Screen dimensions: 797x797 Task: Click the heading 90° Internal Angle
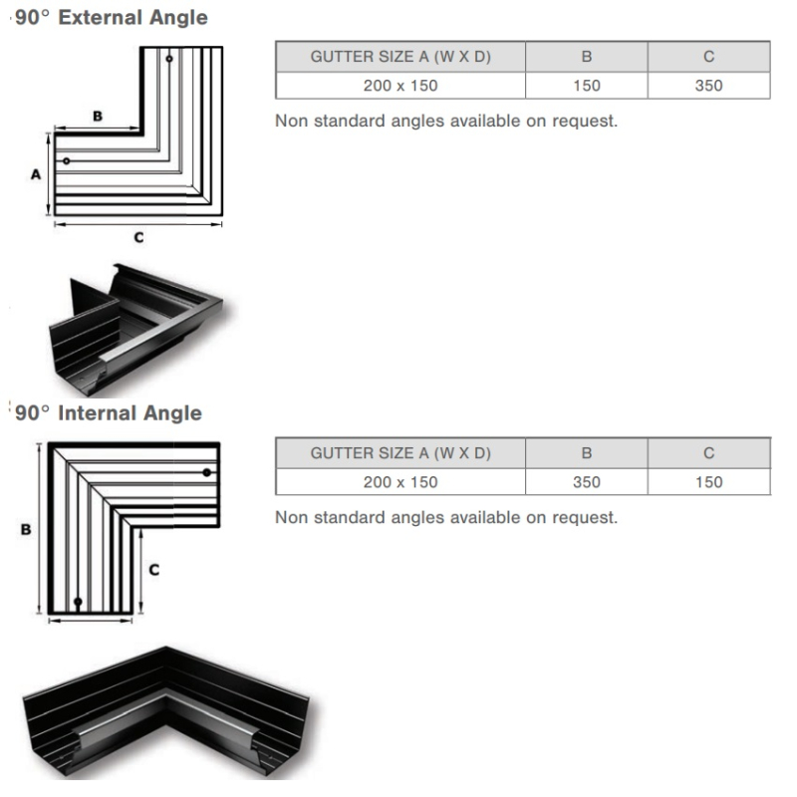[x=109, y=413]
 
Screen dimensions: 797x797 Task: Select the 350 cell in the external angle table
[x=708, y=86]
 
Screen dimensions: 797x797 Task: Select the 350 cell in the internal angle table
[x=587, y=482]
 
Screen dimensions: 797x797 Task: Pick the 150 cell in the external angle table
[x=587, y=86]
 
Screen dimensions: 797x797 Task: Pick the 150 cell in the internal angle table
[x=708, y=482]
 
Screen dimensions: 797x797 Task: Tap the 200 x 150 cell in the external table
[x=400, y=86]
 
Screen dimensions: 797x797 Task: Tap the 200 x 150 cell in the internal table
[x=400, y=482]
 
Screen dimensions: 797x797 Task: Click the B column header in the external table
[x=587, y=57]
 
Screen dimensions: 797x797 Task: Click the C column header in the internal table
[x=708, y=453]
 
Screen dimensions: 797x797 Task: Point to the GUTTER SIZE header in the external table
[x=400, y=57]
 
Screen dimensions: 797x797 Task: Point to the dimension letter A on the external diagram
[x=35, y=173]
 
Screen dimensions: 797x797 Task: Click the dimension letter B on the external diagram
[x=98, y=117]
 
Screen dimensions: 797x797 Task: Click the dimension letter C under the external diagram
[x=138, y=237]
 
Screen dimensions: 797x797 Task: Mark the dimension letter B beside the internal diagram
[x=25, y=530]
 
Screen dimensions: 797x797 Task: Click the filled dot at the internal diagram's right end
[x=207, y=471]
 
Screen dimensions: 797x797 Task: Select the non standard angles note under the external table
[x=446, y=122]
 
